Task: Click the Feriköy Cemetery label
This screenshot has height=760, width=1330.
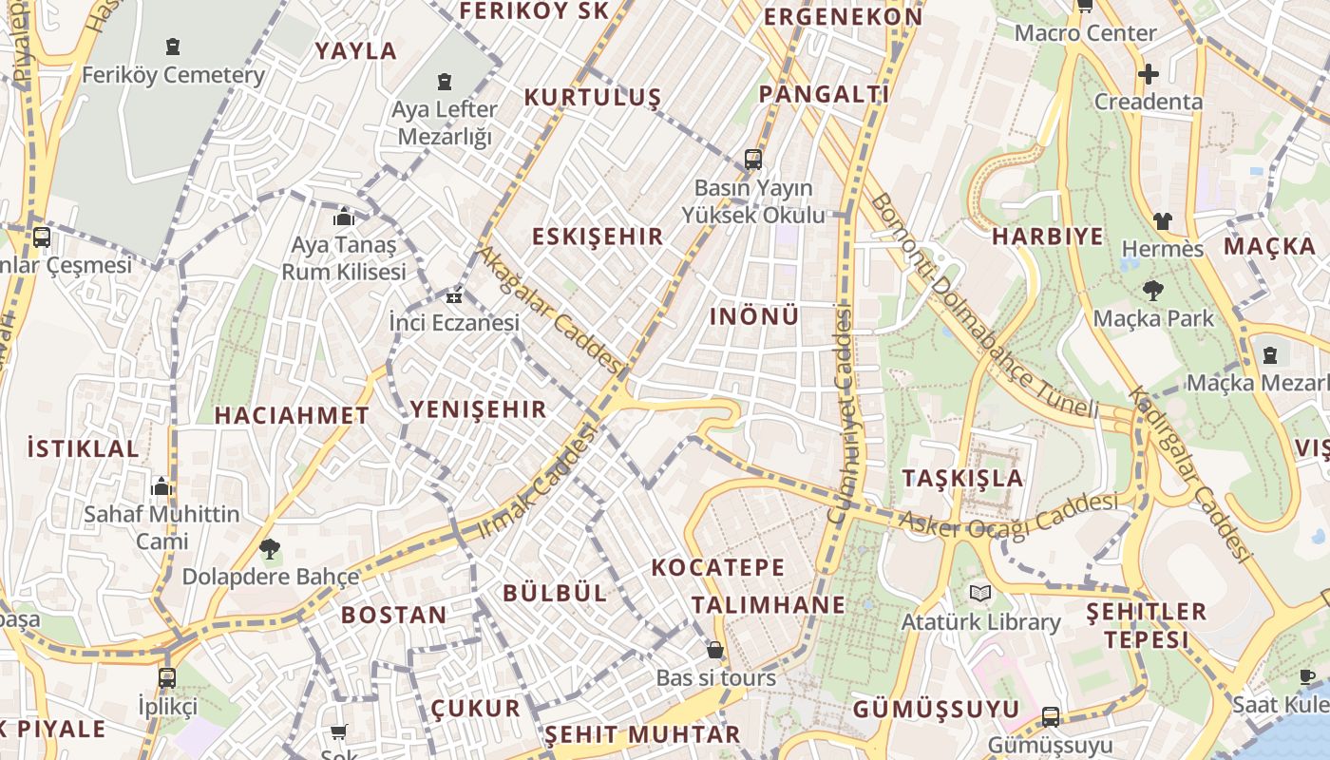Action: [173, 75]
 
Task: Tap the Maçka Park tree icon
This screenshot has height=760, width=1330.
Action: [1154, 290]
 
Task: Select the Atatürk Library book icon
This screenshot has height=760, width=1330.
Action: [980, 594]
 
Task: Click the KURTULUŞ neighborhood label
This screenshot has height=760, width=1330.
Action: [592, 98]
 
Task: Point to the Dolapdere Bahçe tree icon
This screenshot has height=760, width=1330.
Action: [270, 548]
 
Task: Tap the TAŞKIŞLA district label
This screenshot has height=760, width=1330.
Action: [963, 478]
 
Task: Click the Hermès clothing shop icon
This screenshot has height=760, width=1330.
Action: [1163, 221]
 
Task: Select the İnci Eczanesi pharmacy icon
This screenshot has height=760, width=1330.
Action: [454, 296]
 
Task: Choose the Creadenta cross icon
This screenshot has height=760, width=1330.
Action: [1149, 73]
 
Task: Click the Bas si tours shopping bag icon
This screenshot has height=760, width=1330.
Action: [715, 650]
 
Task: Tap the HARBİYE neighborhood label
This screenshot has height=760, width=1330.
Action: [1048, 237]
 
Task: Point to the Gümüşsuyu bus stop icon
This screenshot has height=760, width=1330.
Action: [1050, 716]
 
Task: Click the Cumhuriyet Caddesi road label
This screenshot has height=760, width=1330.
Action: [842, 413]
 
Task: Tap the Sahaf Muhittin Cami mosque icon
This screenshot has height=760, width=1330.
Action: [161, 486]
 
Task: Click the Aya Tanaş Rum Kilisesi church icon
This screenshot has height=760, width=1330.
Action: [344, 217]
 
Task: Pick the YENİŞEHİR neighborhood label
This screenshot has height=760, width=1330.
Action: [478, 409]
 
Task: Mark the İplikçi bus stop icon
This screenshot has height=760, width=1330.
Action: [167, 678]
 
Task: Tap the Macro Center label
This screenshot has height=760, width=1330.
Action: [1085, 33]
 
